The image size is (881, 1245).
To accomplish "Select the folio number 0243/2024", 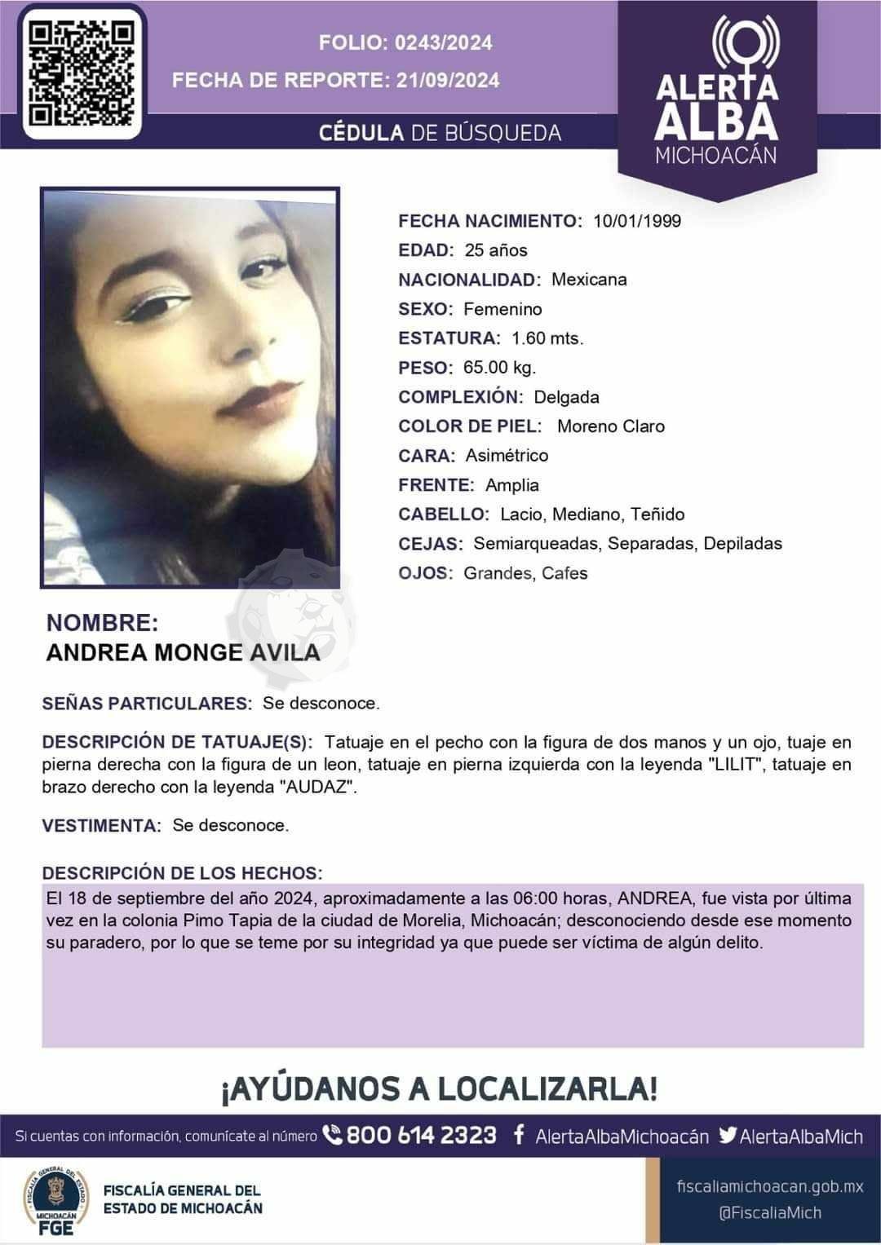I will click(443, 42).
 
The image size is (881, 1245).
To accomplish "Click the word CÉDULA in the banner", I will click(361, 133).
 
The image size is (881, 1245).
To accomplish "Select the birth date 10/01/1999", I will click(637, 221).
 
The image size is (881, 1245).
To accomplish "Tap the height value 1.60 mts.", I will click(547, 338).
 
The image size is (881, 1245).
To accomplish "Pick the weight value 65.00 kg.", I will click(499, 368).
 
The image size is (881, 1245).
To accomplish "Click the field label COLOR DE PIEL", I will click(470, 426).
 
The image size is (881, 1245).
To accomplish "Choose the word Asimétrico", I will click(507, 456).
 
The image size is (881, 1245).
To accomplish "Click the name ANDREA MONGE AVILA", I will click(183, 652).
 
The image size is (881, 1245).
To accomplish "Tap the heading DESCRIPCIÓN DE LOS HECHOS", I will click(182, 872).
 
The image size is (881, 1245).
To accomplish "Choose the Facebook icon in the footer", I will click(518, 1135).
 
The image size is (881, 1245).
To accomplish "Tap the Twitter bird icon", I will click(728, 1135).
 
